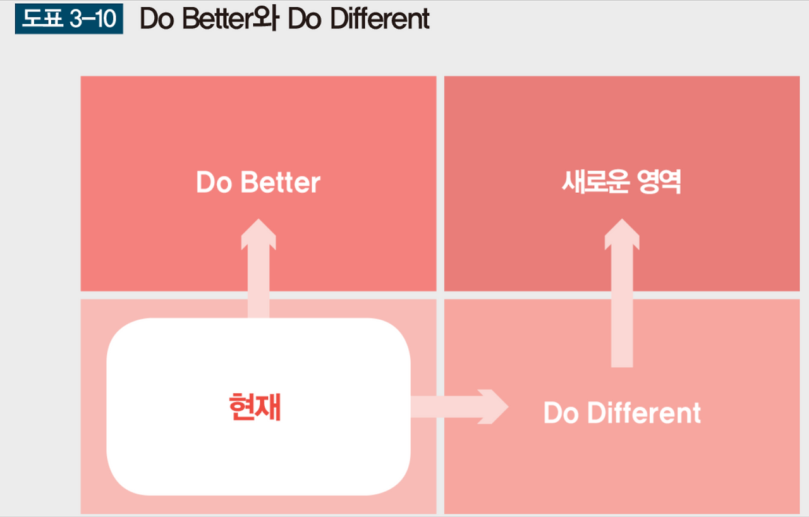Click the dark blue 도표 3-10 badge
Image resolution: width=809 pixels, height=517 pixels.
pos(69,19)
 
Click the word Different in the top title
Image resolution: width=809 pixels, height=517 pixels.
pos(380,19)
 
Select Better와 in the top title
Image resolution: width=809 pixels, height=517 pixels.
pos(231,19)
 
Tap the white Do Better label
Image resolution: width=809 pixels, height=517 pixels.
pos(259,182)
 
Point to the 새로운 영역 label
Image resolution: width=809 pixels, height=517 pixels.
pos(621,182)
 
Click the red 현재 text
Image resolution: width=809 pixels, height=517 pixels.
pos(255,407)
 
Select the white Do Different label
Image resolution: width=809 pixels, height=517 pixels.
pos(622,413)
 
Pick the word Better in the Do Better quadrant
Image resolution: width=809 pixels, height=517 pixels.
pos(280,182)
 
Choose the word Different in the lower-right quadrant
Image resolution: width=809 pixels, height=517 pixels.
pos(644,413)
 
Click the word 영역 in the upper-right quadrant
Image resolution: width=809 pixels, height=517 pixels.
pos(659,182)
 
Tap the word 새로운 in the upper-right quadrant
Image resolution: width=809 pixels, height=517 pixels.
pos(596,182)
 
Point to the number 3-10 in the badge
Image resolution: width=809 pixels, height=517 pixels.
pos(93,19)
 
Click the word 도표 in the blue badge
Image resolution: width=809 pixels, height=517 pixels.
pos(42,18)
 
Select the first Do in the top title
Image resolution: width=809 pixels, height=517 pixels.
pos(157,19)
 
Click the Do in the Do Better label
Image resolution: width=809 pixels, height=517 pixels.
pos(214,182)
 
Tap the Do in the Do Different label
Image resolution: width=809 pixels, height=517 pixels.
pos(561,413)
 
